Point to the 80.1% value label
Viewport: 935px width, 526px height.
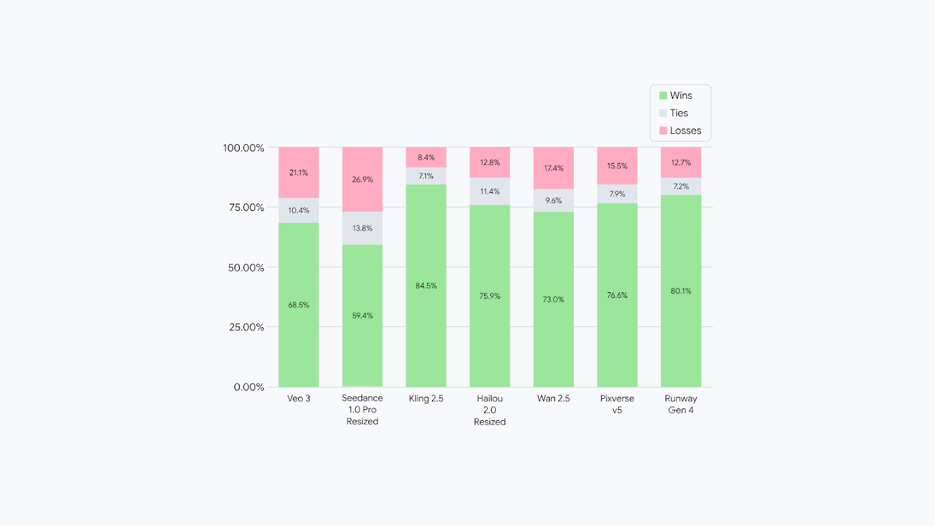(681, 291)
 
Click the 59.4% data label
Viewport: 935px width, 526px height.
(362, 316)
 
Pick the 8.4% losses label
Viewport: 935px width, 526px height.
(426, 157)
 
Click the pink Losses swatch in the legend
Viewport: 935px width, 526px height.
(663, 131)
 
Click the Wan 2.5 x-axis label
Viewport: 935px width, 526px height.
(553, 398)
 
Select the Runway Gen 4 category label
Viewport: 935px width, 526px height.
(681, 404)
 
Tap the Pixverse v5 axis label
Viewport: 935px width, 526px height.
(617, 404)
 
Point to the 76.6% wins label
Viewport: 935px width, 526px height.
(617, 295)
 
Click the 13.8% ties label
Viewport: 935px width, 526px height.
(362, 228)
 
